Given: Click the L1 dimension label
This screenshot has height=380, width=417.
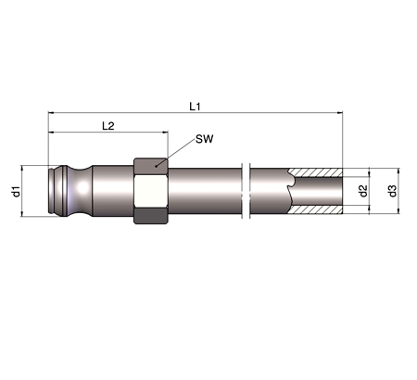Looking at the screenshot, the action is pyautogui.click(x=195, y=107).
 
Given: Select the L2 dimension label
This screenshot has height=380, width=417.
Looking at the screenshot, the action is pyautogui.click(x=108, y=126).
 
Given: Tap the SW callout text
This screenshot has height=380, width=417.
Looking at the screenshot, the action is pyautogui.click(x=205, y=139).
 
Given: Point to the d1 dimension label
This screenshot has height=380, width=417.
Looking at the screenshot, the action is pyautogui.click(x=16, y=191).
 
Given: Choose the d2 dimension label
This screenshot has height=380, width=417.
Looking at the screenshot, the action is pyautogui.click(x=363, y=191).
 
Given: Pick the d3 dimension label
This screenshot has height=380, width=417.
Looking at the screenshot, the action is pyautogui.click(x=392, y=191).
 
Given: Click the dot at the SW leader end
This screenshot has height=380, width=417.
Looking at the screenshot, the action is pyautogui.click(x=157, y=167).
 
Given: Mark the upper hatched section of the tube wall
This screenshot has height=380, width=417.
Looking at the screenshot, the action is pyautogui.click(x=315, y=172).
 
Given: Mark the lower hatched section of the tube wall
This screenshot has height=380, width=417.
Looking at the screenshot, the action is pyautogui.click(x=315, y=209).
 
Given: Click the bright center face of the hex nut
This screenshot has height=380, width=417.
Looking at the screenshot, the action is pyautogui.click(x=151, y=191).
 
